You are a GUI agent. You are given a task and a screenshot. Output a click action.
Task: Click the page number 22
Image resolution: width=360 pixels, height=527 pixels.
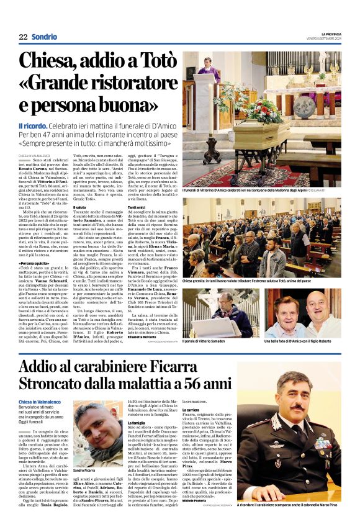[x=23, y=37]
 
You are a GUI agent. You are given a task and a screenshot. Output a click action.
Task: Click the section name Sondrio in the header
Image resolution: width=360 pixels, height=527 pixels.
[x=44, y=37]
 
